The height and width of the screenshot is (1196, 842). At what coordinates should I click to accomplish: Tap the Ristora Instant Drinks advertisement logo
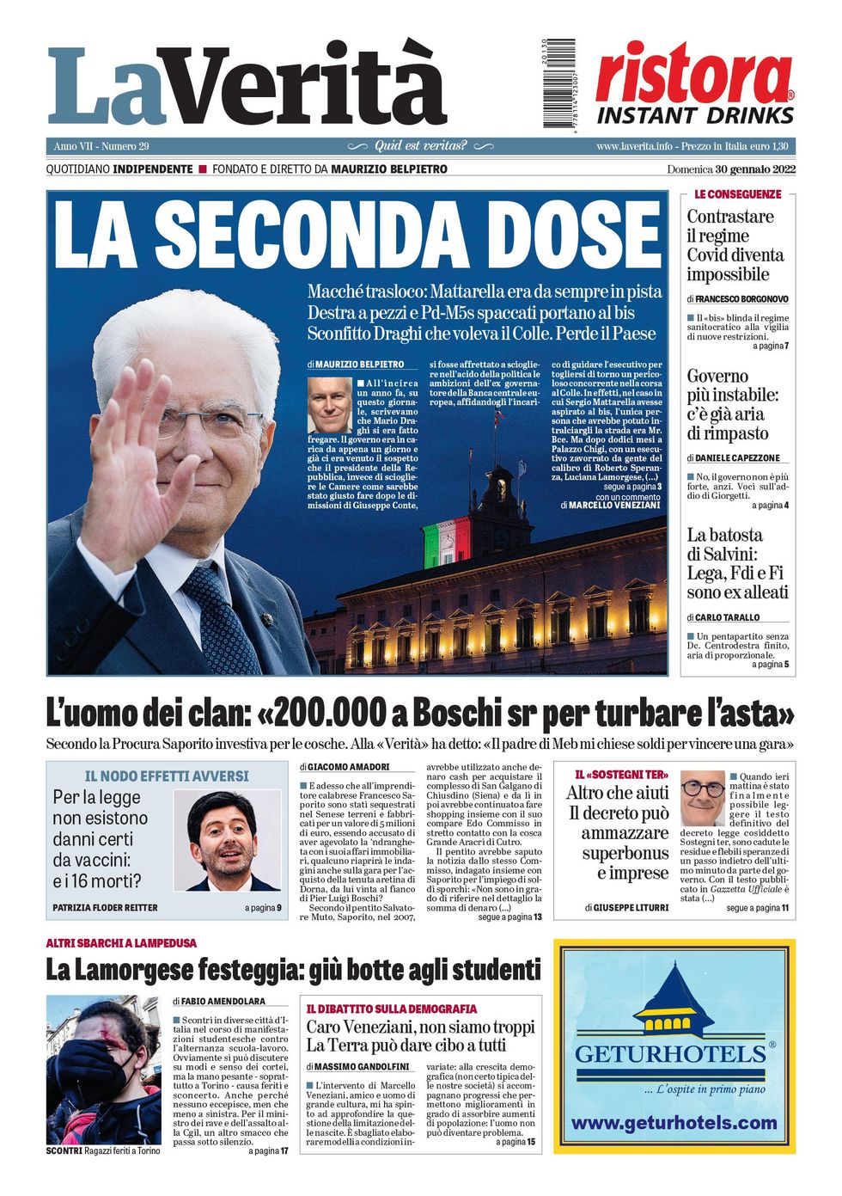(x=694, y=86)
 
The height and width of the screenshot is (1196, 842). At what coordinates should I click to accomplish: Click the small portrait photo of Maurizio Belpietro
(x=330, y=404)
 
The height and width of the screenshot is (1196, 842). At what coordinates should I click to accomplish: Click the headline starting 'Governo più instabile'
(x=732, y=405)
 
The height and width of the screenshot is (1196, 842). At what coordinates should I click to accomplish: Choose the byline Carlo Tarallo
(x=727, y=617)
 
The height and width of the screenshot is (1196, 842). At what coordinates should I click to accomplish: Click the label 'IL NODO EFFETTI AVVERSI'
(x=167, y=776)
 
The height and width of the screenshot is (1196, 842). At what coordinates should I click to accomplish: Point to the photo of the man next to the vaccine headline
(x=228, y=840)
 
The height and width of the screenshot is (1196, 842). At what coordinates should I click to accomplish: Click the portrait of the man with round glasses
(x=702, y=797)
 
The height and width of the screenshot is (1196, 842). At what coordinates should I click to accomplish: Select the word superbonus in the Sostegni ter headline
(x=625, y=853)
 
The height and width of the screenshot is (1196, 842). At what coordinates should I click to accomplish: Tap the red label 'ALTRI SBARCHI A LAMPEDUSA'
(x=121, y=943)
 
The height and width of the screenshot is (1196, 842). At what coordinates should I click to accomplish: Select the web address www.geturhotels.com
(x=674, y=1123)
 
